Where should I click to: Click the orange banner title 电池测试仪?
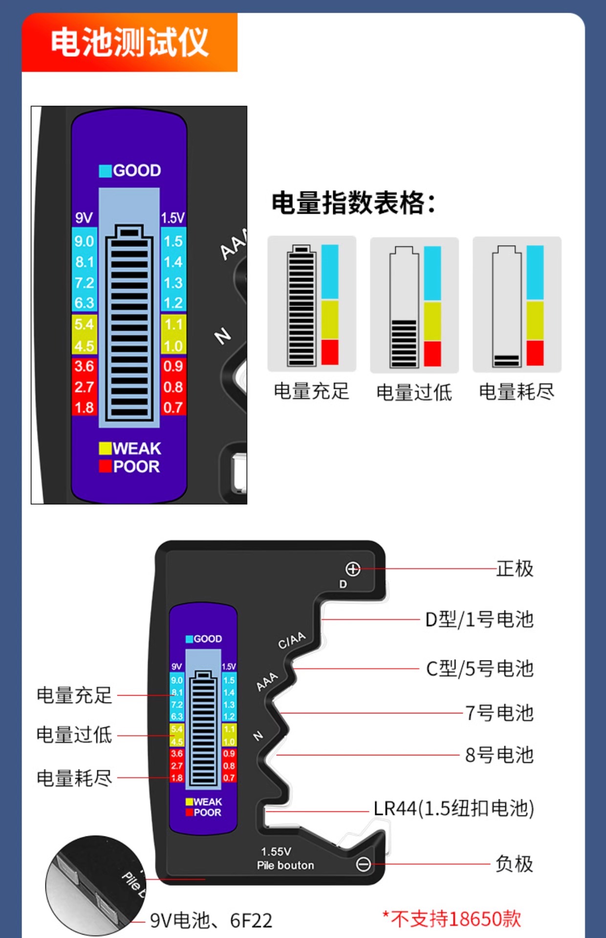[130, 43]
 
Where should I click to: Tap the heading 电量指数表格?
[353, 203]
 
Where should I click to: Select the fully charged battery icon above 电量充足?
[302, 306]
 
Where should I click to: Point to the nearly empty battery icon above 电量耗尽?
[506, 306]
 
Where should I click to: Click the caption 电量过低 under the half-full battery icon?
[414, 392]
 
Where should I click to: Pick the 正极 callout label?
[515, 569]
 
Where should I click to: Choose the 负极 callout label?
[514, 864]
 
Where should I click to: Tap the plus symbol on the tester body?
[353, 569]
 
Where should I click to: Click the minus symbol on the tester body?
[363, 864]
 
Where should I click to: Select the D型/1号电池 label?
[479, 619]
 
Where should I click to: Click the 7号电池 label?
[499, 713]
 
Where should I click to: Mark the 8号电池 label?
[499, 755]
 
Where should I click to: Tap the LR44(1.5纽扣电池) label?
[454, 809]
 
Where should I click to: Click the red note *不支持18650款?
[452, 919]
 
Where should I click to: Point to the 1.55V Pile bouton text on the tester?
[285, 858]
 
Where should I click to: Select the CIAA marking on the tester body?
[292, 640]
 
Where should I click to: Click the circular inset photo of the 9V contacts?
[95, 885]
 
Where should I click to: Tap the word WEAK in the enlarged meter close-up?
[136, 448]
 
